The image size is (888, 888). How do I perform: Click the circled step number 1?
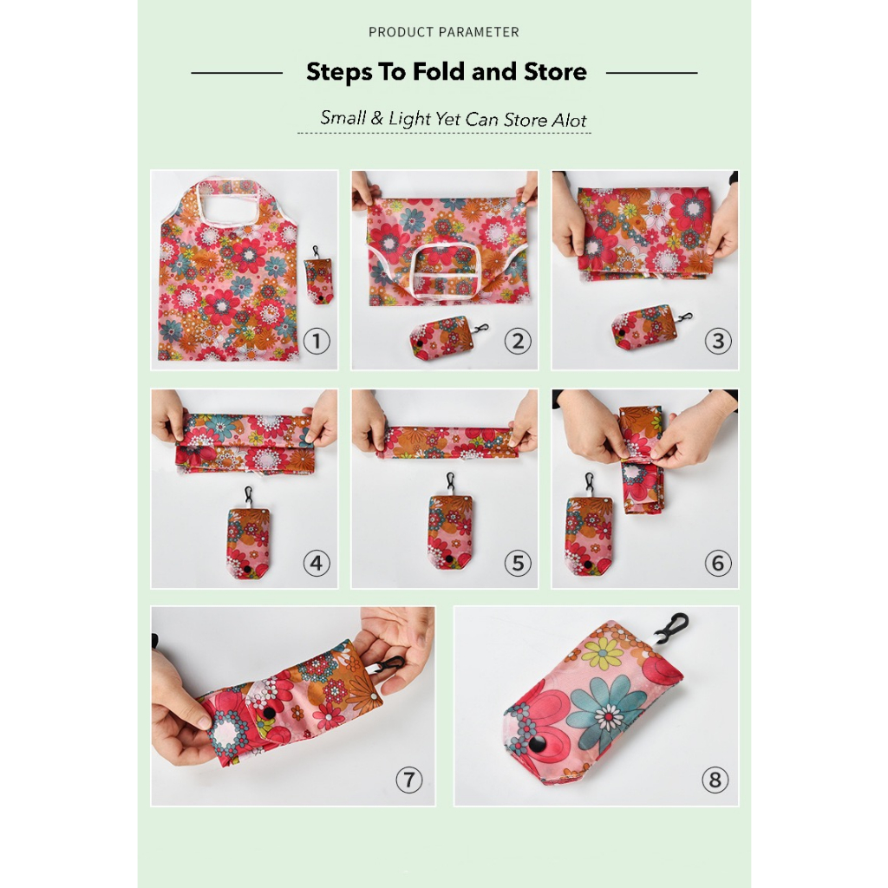(x=317, y=342)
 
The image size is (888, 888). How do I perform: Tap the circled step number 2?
(x=518, y=342)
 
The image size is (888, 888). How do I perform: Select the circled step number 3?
(x=718, y=341)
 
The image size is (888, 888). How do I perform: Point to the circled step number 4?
(x=317, y=564)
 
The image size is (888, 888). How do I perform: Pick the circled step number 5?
(x=518, y=564)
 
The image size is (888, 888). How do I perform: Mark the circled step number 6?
(x=718, y=564)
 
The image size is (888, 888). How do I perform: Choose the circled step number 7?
(x=409, y=780)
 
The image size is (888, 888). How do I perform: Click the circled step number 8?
(x=715, y=780)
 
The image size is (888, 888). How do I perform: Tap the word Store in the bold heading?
(x=555, y=72)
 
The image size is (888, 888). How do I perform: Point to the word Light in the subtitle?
(x=410, y=119)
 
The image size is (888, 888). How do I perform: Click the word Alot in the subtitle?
(x=570, y=120)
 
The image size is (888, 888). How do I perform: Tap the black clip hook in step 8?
(x=671, y=628)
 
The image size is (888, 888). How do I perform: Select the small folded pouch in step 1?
(x=319, y=276)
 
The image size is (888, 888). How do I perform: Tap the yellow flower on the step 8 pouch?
(x=604, y=652)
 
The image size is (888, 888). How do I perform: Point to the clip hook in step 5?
(x=451, y=482)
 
